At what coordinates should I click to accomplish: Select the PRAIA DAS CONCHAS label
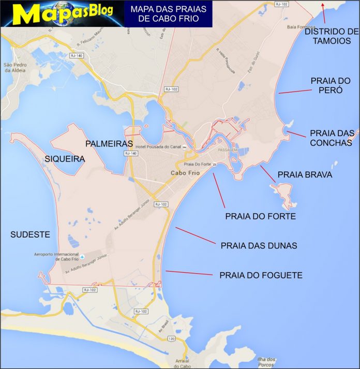[x=331, y=138]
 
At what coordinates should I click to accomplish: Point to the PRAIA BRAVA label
[x=305, y=175]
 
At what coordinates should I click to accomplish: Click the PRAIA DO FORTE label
[x=260, y=216]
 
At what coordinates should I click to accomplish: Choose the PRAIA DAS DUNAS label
[x=259, y=246]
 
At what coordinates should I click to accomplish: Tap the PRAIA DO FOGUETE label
[x=261, y=275]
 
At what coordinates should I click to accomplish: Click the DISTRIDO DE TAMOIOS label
[x=331, y=36]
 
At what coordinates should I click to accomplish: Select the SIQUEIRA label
[x=65, y=159]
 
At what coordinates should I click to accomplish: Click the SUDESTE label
[x=30, y=234]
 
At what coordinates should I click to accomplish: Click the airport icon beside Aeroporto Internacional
[x=82, y=255]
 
